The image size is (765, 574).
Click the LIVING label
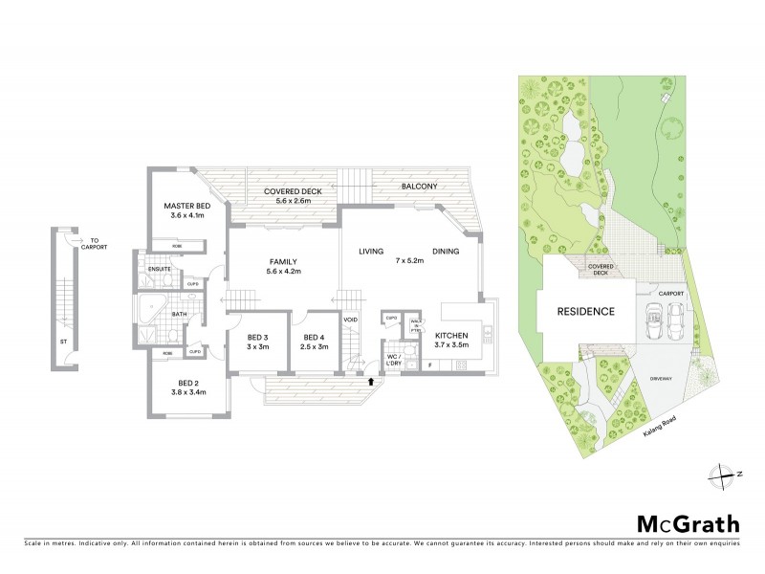pyautogui.click(x=371, y=252)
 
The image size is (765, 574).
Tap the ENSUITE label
pyautogui.click(x=159, y=269)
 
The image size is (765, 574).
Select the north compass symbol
pyautogui.click(x=724, y=473)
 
